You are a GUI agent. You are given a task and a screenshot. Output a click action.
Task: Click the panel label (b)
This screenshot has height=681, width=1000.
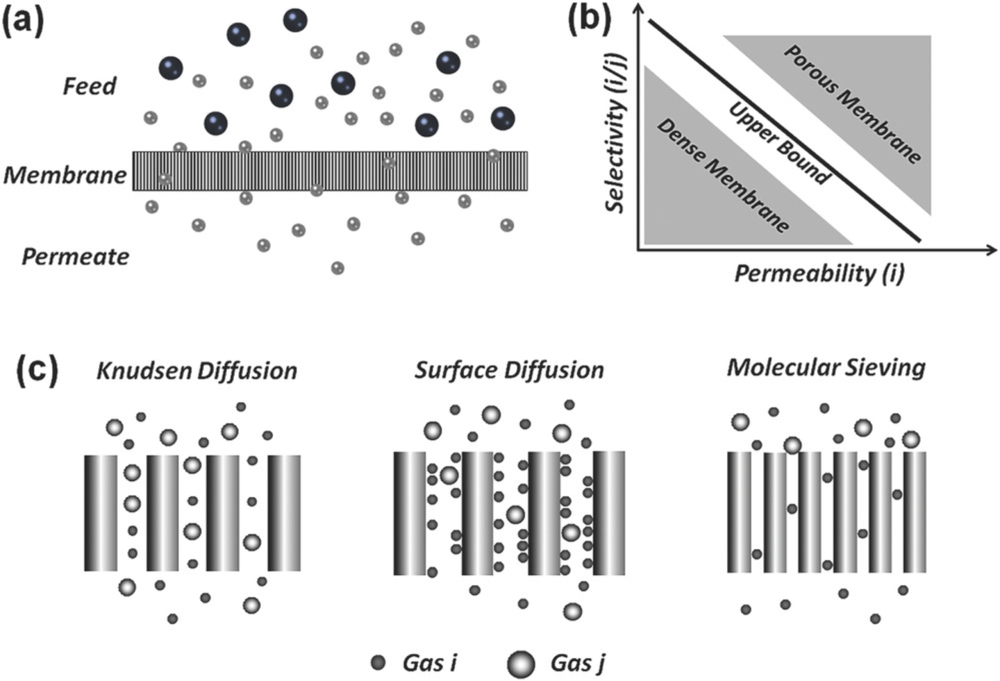[590, 19]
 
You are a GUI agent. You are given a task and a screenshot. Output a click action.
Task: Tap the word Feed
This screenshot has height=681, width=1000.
[89, 86]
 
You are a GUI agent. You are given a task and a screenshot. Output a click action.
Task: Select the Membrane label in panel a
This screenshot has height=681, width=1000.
[65, 175]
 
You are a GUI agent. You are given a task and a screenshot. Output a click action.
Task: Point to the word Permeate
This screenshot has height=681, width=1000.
[75, 257]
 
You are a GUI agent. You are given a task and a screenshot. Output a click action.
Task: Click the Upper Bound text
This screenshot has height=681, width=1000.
[778, 144]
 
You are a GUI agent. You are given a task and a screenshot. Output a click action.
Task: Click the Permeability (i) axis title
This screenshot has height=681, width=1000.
[819, 274]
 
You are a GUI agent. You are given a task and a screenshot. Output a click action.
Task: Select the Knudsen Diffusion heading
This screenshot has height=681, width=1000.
[197, 371]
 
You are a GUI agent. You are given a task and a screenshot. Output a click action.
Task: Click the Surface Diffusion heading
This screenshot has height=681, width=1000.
[509, 370]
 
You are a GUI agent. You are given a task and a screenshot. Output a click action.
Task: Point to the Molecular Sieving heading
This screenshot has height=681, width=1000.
[826, 367]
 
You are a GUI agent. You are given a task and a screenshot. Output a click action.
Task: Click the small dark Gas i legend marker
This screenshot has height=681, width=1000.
[378, 663]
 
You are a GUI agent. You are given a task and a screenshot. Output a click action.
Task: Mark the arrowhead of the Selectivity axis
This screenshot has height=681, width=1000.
[638, 8]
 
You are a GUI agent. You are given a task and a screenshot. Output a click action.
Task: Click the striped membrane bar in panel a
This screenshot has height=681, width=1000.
[330, 171]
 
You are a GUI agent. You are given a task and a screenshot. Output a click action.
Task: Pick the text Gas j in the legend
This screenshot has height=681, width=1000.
[578, 663]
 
